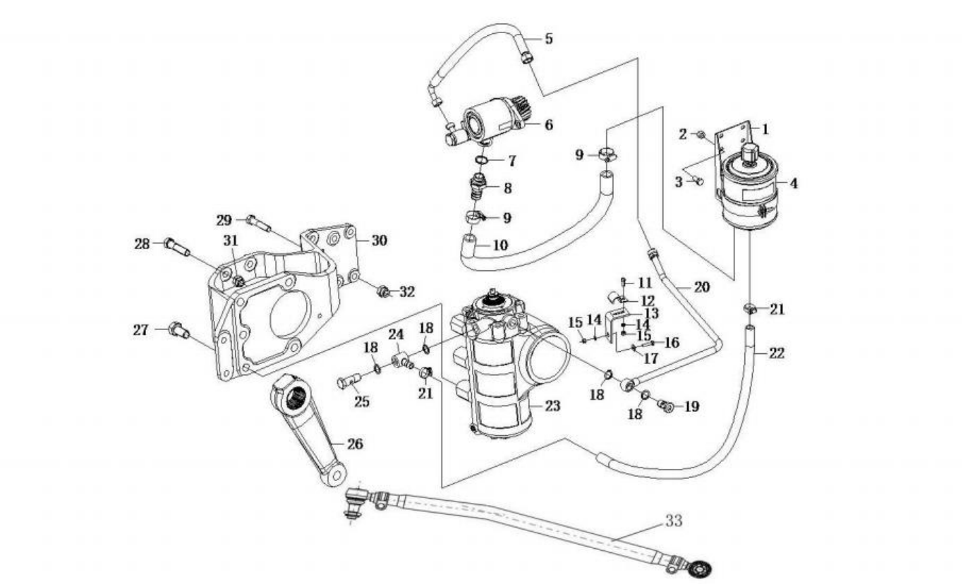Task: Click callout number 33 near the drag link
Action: (x=674, y=521)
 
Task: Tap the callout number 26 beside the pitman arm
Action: (x=355, y=444)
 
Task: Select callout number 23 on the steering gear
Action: (x=552, y=406)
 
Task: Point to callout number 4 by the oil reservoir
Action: (x=794, y=183)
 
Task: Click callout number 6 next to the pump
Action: (x=549, y=39)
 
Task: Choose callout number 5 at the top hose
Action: (x=549, y=125)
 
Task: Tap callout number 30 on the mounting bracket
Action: (x=379, y=241)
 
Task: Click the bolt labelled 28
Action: (x=176, y=248)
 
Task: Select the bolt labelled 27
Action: (x=180, y=330)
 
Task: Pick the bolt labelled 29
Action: (x=259, y=224)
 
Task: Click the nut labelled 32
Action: (x=382, y=291)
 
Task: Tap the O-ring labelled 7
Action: (x=481, y=161)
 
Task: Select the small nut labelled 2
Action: (x=701, y=135)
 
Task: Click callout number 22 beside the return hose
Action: (x=777, y=353)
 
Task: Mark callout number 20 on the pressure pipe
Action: (x=701, y=286)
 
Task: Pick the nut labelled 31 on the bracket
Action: (x=238, y=281)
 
